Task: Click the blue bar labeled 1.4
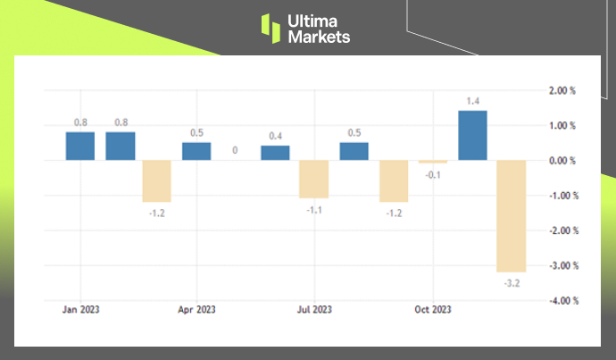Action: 472,135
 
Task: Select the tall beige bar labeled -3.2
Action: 512,215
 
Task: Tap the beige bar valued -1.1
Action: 313,179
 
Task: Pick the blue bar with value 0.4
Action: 275,153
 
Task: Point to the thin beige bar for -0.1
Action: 433,162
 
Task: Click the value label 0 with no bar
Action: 235,151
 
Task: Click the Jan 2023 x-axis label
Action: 80,310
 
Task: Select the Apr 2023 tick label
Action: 197,310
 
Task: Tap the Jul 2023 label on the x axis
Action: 314,310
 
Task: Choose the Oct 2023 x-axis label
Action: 432,310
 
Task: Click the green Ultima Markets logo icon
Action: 271,28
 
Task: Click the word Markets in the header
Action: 320,38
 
